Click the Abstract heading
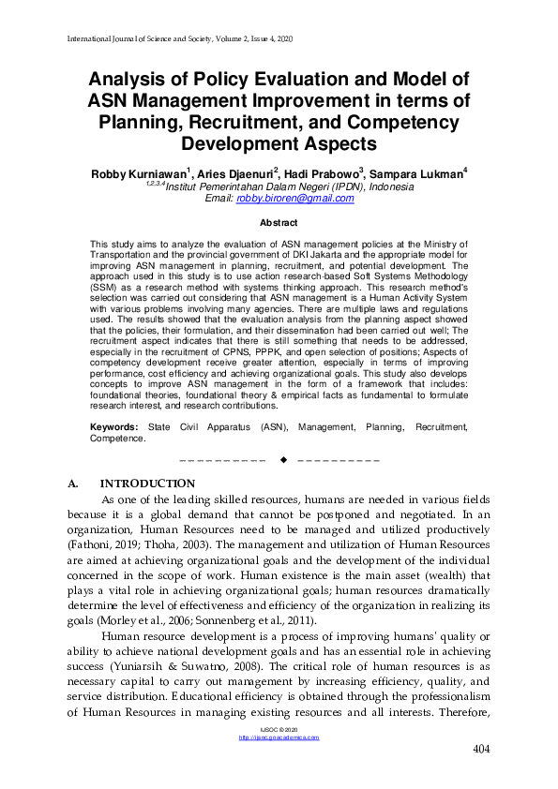279,223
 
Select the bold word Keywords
113,426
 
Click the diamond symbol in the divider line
282,459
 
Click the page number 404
481,750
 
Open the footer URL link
279,737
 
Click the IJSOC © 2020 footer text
279,729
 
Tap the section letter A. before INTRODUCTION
74,484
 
